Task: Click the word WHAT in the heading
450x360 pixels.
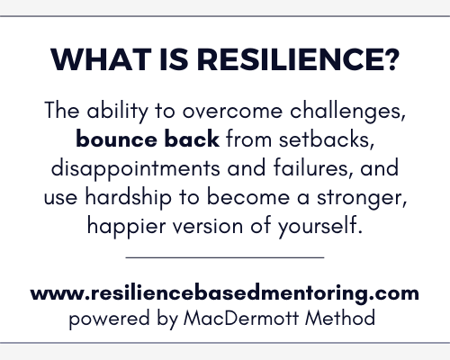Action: pyautogui.click(x=101, y=59)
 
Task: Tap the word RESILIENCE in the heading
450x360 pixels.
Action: pyautogui.click(x=290, y=59)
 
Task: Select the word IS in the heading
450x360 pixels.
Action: pyautogui.click(x=175, y=59)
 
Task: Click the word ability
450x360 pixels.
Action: pyautogui.click(x=117, y=112)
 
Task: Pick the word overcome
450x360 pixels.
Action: pyautogui.click(x=233, y=112)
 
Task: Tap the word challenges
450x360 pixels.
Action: pyautogui.click(x=348, y=112)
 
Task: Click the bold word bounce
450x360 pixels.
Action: pyautogui.click(x=116, y=139)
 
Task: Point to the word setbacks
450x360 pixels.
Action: pyautogui.click(x=327, y=139)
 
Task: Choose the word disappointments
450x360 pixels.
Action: pyautogui.click(x=136, y=168)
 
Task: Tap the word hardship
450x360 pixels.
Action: pyautogui.click(x=129, y=198)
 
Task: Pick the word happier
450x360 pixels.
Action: pyautogui.click(x=127, y=227)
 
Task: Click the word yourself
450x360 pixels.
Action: pyautogui.click(x=320, y=227)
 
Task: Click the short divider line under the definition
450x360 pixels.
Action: pyautogui.click(x=225, y=257)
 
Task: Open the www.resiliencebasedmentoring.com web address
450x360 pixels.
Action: pyautogui.click(x=225, y=293)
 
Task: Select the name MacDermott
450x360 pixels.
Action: pyautogui.click(x=241, y=318)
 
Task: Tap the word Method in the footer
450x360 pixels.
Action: pyautogui.click(x=340, y=318)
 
